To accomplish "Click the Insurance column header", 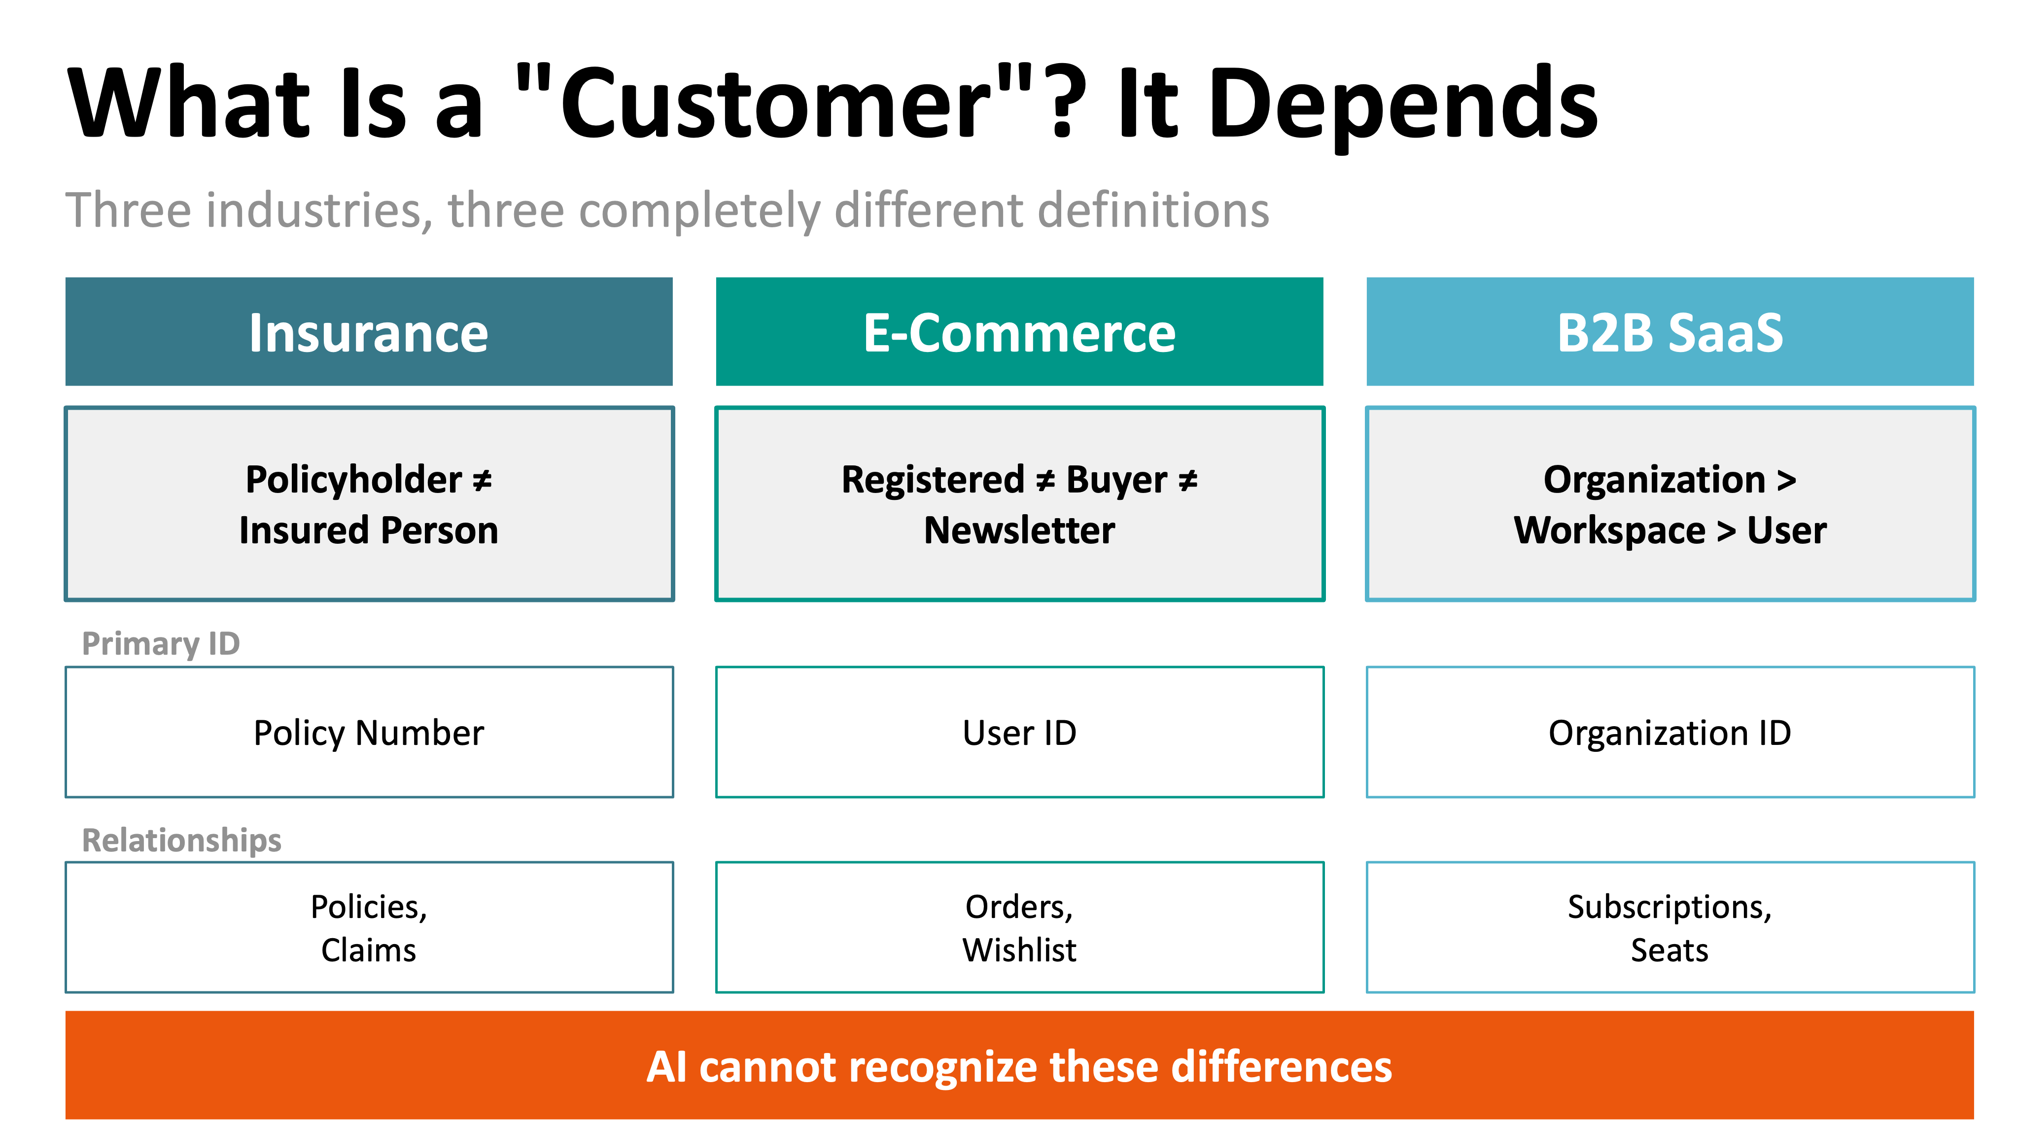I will pos(368,332).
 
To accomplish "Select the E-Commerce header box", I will pos(1019,332).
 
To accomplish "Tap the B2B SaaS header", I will pos(1669,332).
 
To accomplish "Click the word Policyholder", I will pos(353,479).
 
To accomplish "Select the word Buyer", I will pos(1116,479).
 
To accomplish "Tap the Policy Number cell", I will pos(368,733).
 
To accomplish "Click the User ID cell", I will pos(1019,733).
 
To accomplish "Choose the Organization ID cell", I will pos(1669,733).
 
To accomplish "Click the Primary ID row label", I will pos(161,643).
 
